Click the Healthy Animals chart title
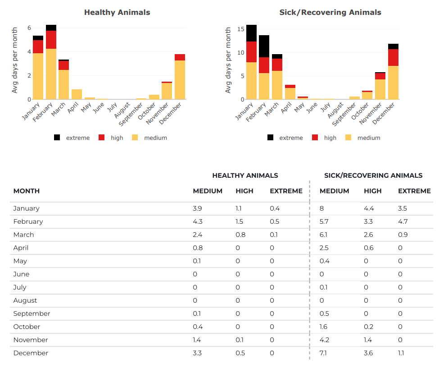point(117,13)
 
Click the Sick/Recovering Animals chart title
point(330,13)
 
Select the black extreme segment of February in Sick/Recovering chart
point(264,46)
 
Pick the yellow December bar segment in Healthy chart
point(180,80)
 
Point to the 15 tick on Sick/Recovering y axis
point(240,29)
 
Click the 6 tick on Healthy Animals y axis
point(29,28)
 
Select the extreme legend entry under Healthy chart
point(72,138)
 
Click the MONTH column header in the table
point(27,191)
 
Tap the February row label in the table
point(28,221)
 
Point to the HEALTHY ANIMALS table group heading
point(245,175)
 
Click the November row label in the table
point(30,340)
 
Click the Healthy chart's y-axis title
point(15,60)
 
